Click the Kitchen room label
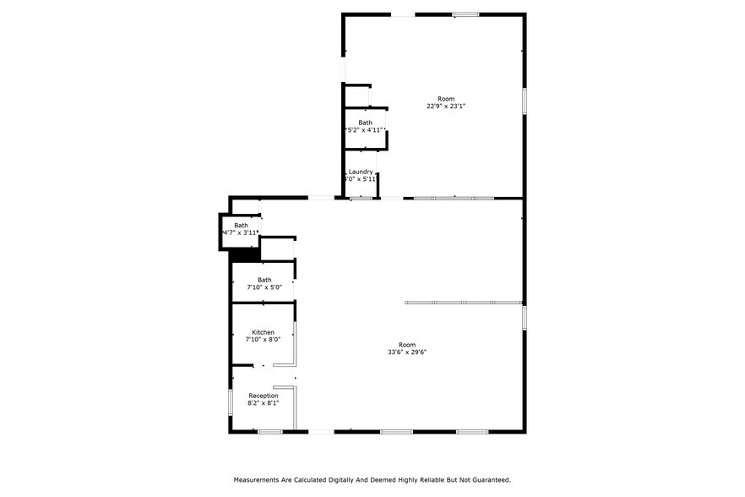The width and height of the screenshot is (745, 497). point(263,332)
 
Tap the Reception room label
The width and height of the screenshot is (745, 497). point(263,396)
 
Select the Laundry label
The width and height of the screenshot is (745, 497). point(361,172)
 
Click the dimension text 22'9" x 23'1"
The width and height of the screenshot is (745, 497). point(446,106)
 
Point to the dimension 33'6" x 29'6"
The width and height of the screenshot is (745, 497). point(407,352)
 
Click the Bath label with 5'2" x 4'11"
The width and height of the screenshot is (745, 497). point(365,123)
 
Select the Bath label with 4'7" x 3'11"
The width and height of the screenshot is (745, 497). point(242,226)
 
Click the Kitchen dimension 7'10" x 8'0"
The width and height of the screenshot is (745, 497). point(263,340)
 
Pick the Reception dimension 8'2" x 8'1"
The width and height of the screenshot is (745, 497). point(263,403)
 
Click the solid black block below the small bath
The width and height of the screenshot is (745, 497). point(243,254)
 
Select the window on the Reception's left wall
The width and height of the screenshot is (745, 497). point(231,401)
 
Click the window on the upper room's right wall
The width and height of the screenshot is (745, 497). point(524,101)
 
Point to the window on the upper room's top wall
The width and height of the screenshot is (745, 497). point(465,14)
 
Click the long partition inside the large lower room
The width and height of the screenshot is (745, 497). point(463,302)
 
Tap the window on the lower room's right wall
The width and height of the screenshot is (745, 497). point(524,318)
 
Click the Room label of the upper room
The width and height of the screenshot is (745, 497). point(446,99)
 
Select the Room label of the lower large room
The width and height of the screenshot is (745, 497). point(407,344)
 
